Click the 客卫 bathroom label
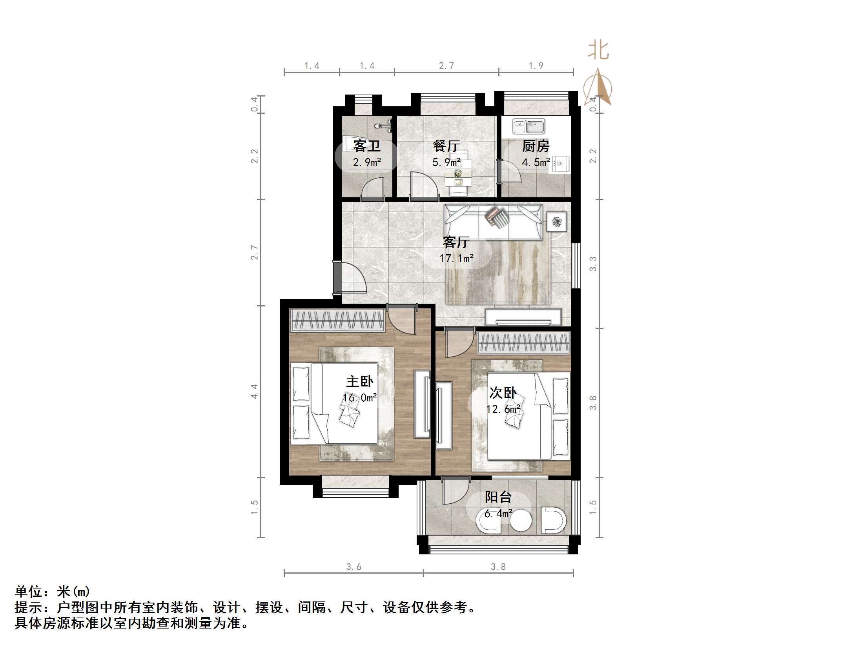[x=366, y=146]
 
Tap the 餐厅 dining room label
[x=446, y=146]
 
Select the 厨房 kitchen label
[x=536, y=146]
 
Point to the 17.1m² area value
[x=456, y=258]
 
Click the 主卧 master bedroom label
[x=359, y=381]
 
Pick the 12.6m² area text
[x=503, y=409]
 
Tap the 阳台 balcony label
[x=498, y=497]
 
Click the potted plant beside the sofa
[x=557, y=222]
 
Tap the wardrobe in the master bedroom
[x=337, y=320]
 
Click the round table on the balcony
[x=520, y=521]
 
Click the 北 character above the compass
[x=598, y=51]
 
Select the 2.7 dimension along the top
[x=446, y=66]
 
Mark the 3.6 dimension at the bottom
[x=353, y=567]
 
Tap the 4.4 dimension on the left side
[x=255, y=391]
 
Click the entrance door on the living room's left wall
[x=337, y=278]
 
